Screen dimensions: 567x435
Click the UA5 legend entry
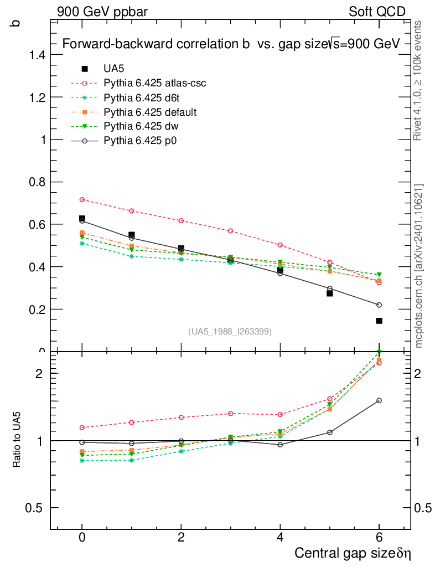point(115,69)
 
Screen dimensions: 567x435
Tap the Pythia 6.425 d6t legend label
point(143,98)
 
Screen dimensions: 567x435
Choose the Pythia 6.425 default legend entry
point(150,112)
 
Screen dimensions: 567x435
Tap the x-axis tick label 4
point(280,538)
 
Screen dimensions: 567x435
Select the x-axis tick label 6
point(379,538)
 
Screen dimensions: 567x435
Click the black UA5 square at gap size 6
point(379,321)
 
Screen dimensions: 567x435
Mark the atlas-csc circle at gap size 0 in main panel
point(82,199)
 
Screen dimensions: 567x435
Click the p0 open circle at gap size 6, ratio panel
point(379,400)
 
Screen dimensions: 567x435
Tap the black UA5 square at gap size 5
point(329,293)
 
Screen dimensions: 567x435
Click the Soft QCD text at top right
point(377,12)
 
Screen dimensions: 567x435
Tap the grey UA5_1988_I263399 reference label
point(230,332)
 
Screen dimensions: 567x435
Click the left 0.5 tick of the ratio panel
point(36,508)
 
